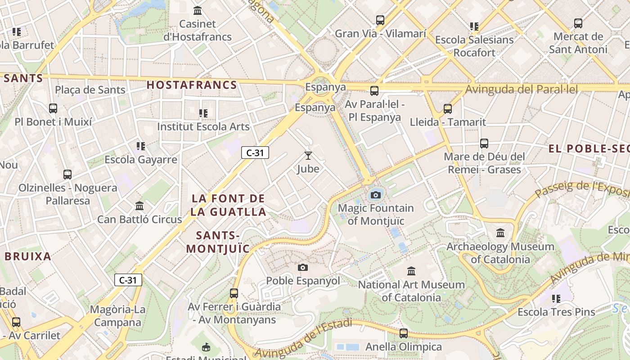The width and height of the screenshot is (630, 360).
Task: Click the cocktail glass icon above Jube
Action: pyautogui.click(x=308, y=156)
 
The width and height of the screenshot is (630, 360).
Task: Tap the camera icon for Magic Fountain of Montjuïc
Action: pyautogui.click(x=376, y=195)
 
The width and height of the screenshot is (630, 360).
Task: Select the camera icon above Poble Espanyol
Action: pyautogui.click(x=303, y=267)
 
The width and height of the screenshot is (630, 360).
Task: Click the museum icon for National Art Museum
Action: pyautogui.click(x=411, y=271)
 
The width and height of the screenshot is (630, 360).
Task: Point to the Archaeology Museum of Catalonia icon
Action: pyautogui.click(x=500, y=233)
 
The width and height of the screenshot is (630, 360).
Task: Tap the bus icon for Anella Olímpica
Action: pyautogui.click(x=404, y=333)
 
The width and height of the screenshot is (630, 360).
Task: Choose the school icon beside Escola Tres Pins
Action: pyautogui.click(x=556, y=298)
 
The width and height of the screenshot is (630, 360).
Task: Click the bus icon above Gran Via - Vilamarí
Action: pyautogui.click(x=380, y=20)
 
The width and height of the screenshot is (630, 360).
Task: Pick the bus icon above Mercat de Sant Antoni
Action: pyautogui.click(x=578, y=23)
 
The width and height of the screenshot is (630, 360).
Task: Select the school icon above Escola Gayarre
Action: pyautogui.click(x=141, y=146)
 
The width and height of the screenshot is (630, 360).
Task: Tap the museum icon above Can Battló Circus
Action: pyautogui.click(x=139, y=206)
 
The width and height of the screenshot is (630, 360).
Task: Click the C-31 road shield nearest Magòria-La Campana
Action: pyautogui.click(x=128, y=280)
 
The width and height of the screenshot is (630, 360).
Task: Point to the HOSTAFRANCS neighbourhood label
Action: pyautogui.click(x=192, y=85)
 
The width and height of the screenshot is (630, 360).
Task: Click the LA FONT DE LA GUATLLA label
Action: pyautogui.click(x=228, y=205)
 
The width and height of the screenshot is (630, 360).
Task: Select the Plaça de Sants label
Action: pyautogui.click(x=90, y=90)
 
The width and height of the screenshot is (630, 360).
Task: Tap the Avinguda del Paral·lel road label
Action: pyautogui.click(x=521, y=89)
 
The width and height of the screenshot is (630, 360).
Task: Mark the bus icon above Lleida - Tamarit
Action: pyautogui.click(x=447, y=108)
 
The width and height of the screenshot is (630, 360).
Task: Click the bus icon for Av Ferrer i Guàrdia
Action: pyautogui.click(x=234, y=293)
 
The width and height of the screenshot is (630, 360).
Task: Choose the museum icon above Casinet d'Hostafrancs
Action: pyautogui.click(x=197, y=10)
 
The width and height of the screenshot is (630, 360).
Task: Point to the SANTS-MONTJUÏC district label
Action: pyautogui.click(x=218, y=242)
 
